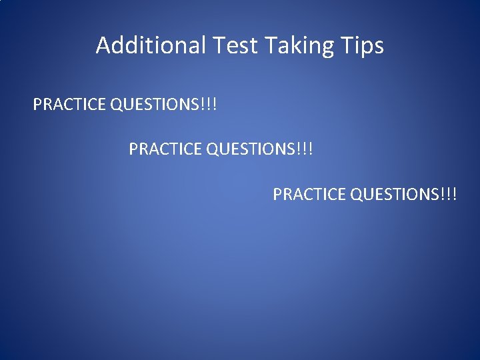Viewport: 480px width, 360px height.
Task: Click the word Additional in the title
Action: [151, 45]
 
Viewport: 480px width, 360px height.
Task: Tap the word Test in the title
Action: [236, 45]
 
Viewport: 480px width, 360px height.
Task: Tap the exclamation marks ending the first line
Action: [211, 105]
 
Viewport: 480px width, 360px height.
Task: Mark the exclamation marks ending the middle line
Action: [307, 149]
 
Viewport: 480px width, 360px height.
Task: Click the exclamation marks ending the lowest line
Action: [451, 195]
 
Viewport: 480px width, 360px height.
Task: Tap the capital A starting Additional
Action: [103, 45]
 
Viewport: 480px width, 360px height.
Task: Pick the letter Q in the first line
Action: [117, 105]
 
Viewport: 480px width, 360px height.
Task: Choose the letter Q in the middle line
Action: [213, 149]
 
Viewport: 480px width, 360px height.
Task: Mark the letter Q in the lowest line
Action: [357, 195]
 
